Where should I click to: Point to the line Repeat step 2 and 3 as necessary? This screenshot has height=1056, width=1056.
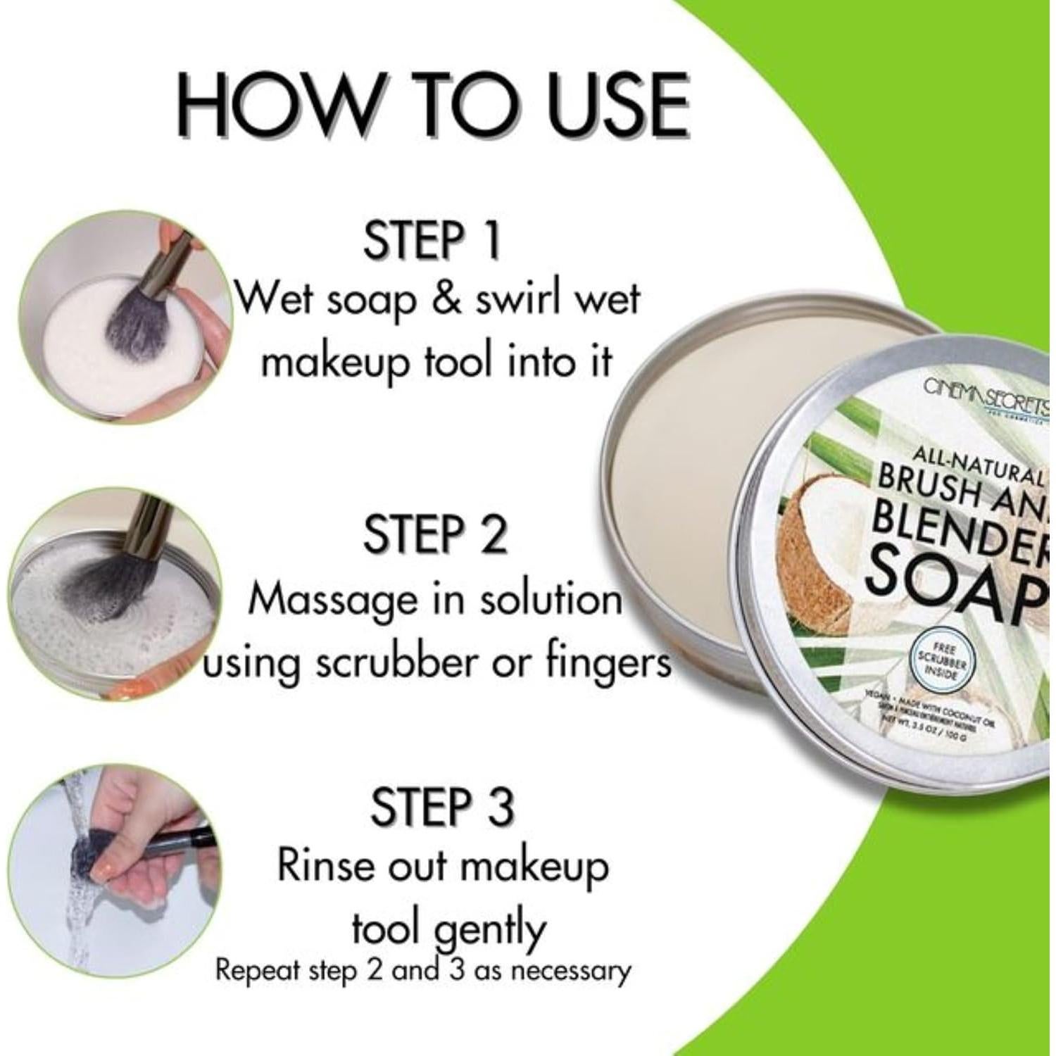pos(422,971)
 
